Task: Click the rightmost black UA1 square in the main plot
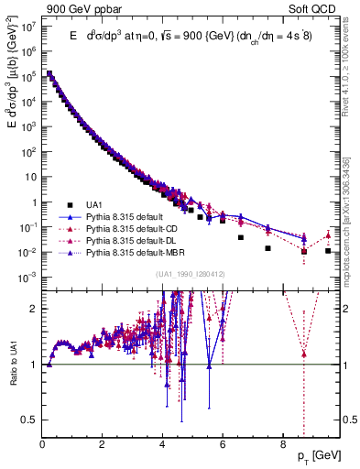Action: pos(328,250)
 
